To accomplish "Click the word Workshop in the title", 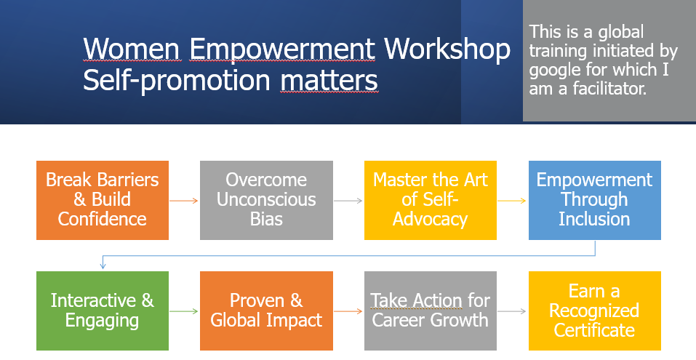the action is pos(447,49).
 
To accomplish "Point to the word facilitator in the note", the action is pos(609,88).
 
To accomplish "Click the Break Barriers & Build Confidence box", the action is pos(103,200).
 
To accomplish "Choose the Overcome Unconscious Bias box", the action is pos(266,200).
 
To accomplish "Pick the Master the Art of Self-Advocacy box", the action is pos(430,200).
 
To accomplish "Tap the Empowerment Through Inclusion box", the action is pos(595,200).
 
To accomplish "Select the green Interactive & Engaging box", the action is pos(103,311).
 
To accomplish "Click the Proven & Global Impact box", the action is pos(266,311).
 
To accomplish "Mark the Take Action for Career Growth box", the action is pos(430,311).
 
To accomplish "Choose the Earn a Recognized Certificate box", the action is pos(595,311).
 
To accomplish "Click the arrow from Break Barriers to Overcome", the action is pos(184,201).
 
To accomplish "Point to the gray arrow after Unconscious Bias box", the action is pos(348,201).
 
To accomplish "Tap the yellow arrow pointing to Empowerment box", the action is pos(512,201).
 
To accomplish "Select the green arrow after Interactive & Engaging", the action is pos(184,311).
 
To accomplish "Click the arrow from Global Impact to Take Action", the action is pos(348,311).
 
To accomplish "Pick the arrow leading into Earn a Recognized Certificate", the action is pos(512,311).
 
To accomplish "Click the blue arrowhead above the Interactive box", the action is pos(103,266).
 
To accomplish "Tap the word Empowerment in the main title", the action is pos(282,49).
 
